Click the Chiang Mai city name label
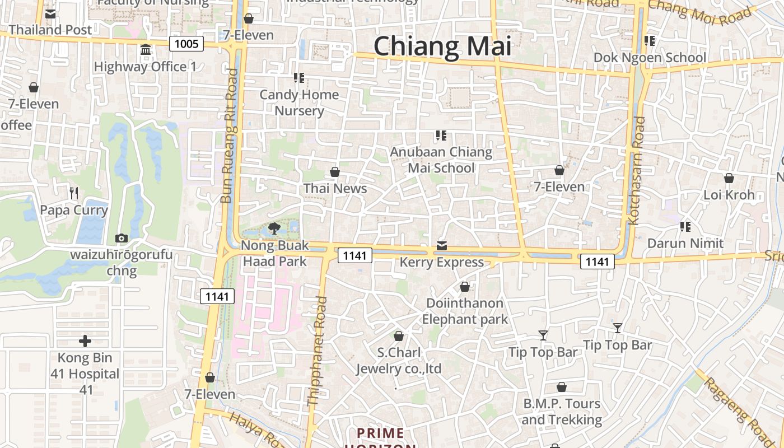(442, 46)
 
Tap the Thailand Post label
(50, 30)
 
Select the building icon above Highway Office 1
(146, 50)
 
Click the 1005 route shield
(186, 44)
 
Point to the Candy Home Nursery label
(299, 102)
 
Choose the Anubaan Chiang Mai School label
(441, 160)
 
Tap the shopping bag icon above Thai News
(335, 172)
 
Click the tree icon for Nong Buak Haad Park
(274, 228)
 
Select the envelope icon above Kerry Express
(442, 246)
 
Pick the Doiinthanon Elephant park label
(465, 311)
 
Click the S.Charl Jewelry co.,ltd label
(399, 361)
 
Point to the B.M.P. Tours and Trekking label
(562, 412)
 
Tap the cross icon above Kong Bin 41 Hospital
(85, 341)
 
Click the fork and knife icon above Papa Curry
(74, 193)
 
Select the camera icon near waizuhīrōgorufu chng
(121, 239)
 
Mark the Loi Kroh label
(729, 195)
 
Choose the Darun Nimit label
(685, 243)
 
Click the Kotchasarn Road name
(637, 171)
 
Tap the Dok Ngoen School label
(650, 57)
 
